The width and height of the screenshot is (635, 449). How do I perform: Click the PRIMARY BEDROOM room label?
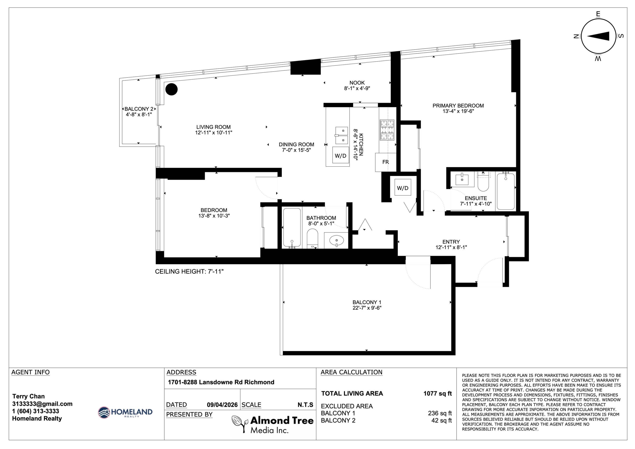(458, 105)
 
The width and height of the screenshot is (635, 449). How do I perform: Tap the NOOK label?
(357, 83)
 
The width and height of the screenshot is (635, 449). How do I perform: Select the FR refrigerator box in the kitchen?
(385, 162)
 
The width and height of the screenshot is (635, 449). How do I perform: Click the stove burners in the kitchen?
(387, 130)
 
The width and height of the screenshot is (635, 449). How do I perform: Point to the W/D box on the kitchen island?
(340, 155)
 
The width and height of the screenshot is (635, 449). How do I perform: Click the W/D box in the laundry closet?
(403, 188)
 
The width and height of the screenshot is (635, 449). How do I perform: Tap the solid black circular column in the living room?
(171, 89)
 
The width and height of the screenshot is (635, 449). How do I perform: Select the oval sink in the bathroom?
(337, 240)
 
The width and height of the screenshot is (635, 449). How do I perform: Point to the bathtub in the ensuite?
(506, 191)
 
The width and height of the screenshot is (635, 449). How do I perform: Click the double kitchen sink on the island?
(342, 135)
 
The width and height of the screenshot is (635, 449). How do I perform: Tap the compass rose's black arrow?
(598, 36)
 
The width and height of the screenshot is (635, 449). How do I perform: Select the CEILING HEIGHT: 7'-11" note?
(189, 271)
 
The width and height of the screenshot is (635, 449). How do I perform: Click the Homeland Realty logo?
(125, 412)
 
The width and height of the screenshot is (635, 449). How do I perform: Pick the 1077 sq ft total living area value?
(438, 393)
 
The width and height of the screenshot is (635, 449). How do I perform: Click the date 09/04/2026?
(222, 405)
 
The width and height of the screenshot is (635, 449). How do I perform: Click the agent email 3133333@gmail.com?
(42, 404)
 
